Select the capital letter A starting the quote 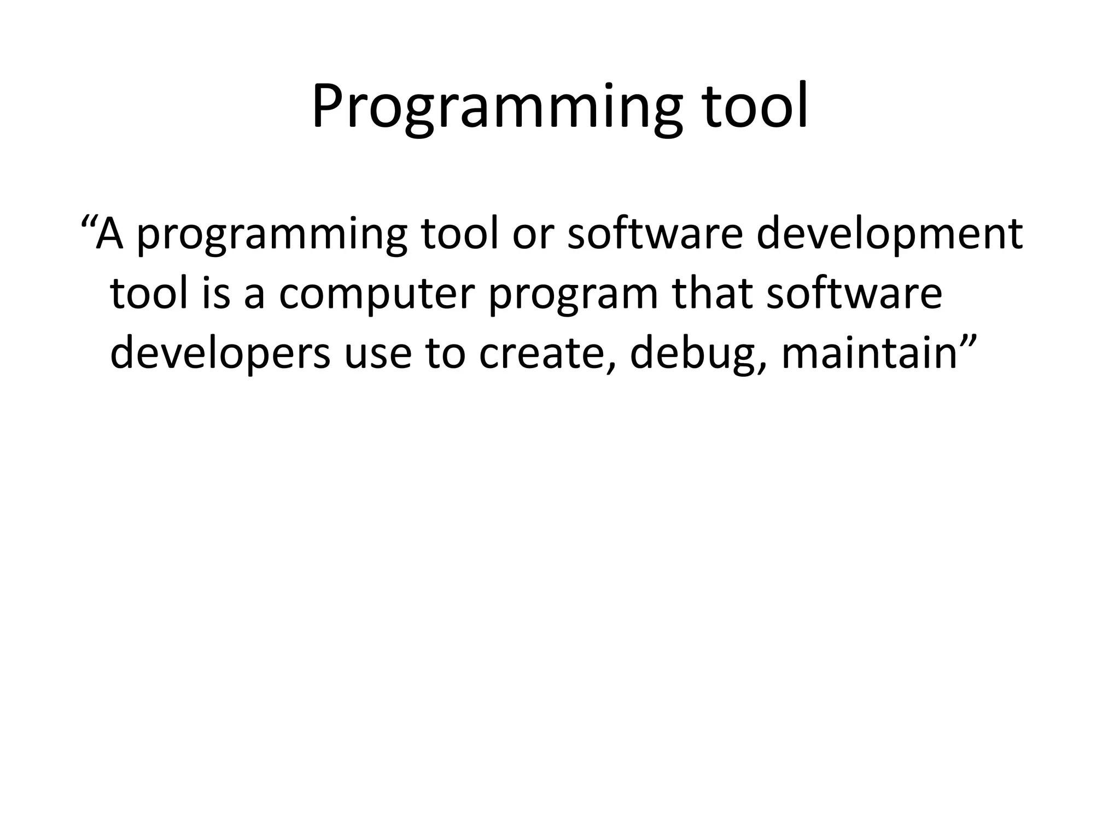(109, 233)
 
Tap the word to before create (445, 354)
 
